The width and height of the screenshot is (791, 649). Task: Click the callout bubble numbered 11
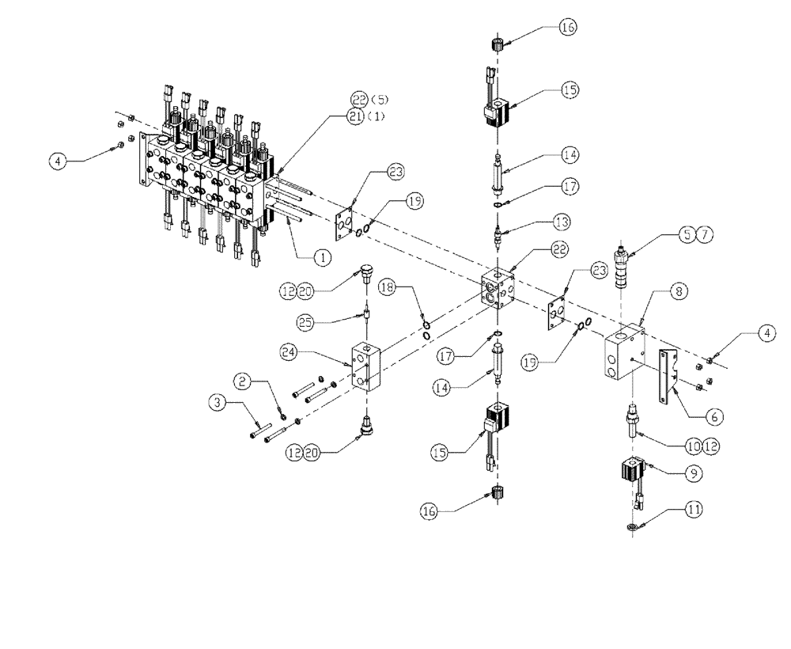(694, 510)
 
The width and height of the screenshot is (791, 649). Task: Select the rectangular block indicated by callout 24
(366, 368)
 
